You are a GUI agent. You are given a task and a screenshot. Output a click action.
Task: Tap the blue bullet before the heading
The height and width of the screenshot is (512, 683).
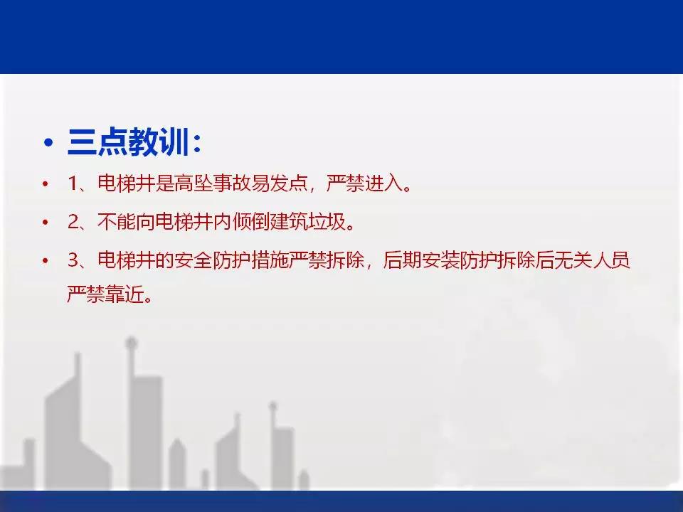pyautogui.click(x=48, y=142)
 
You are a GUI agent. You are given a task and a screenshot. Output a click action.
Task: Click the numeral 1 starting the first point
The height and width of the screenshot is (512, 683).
pyautogui.click(x=73, y=183)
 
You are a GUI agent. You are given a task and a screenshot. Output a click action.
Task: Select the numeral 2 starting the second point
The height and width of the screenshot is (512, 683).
pyautogui.click(x=73, y=222)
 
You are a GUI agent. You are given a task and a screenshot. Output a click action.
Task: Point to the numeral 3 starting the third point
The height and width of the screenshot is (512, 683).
pyautogui.click(x=73, y=260)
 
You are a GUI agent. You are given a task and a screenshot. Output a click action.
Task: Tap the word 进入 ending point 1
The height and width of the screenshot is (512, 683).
pyautogui.click(x=384, y=183)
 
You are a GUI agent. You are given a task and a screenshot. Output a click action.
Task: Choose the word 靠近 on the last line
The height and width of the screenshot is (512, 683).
pyautogui.click(x=124, y=294)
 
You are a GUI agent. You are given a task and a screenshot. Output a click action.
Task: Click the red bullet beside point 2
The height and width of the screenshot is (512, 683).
pyautogui.click(x=46, y=223)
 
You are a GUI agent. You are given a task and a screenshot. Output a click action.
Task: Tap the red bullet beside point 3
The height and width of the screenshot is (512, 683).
pyautogui.click(x=46, y=261)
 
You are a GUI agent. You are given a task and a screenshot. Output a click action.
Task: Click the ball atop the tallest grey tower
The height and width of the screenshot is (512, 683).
pyautogui.click(x=131, y=343)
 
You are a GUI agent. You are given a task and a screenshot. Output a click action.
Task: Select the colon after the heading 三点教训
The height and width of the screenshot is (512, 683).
pyautogui.click(x=197, y=143)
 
